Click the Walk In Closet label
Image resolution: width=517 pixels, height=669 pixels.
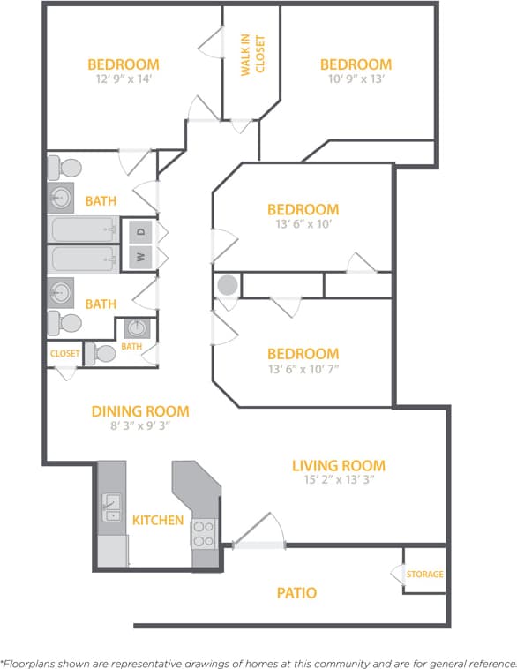252,55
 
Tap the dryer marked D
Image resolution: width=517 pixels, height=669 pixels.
140,232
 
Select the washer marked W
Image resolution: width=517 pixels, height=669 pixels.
140,259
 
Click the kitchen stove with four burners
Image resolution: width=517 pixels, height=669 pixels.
204,534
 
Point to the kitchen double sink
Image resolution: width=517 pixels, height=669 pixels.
112,508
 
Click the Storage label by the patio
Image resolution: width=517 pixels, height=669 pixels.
425,575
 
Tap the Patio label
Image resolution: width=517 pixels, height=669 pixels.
296,593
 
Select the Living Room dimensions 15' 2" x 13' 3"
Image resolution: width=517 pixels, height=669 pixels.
339,481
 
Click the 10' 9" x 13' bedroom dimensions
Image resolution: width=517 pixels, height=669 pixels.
356,79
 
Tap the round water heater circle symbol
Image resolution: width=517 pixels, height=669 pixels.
228,285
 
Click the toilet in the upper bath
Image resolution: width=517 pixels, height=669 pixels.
65,168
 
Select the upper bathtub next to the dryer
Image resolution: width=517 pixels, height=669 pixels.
84,231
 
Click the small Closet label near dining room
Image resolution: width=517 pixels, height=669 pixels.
64,354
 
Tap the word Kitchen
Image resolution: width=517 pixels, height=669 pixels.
158,520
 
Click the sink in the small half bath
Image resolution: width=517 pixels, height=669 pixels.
136,328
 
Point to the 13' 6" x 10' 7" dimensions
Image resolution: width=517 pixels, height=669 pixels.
303,369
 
